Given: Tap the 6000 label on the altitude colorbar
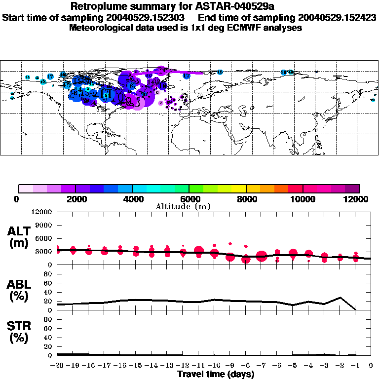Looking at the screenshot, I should pos(189,199).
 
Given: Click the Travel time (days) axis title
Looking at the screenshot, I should pos(216,375).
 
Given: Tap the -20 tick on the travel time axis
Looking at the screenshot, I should pos(57,366).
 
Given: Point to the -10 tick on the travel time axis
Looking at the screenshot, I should pos(214,366).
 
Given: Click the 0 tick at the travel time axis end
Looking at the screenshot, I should pos(371,366).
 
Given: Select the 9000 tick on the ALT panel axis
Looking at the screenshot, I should pos(44,225).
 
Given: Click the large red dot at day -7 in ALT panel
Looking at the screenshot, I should pos(262,256).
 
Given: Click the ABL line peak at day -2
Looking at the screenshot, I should pos(340,298).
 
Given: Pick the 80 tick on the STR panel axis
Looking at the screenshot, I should pos(49,319).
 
